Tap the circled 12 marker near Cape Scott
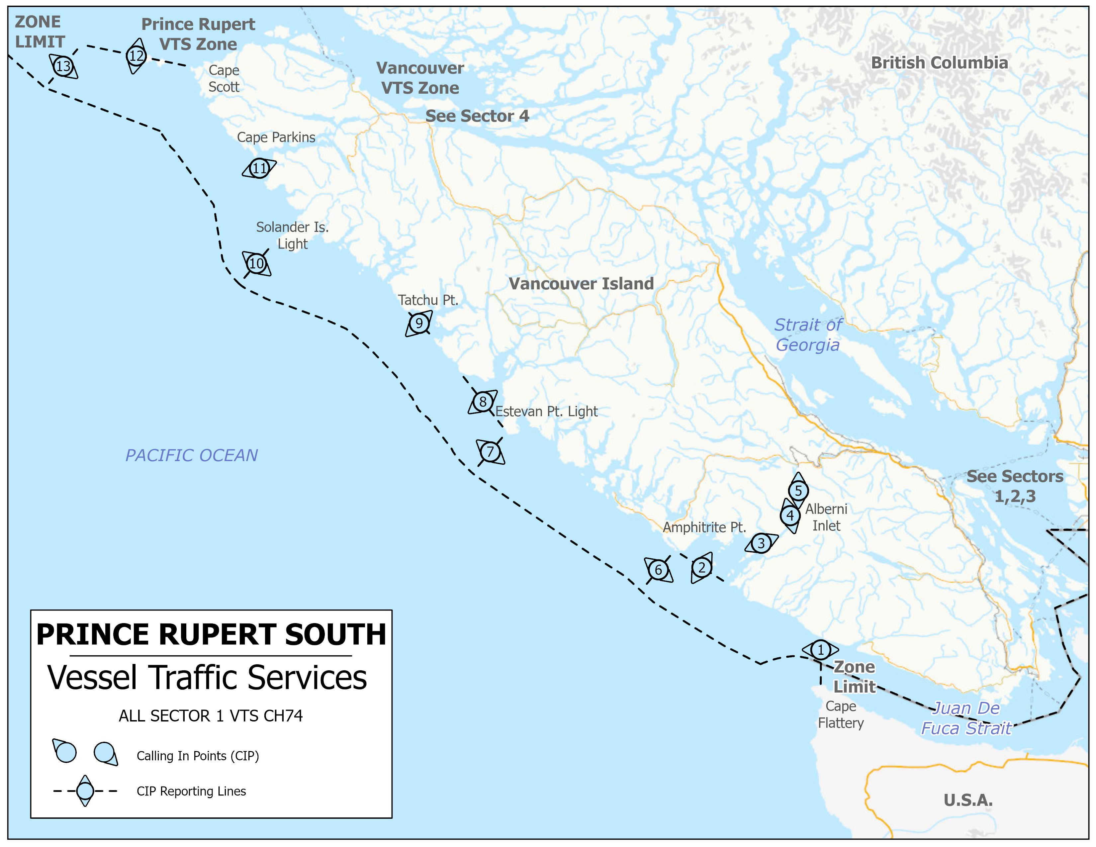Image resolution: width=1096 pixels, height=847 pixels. click(136, 56)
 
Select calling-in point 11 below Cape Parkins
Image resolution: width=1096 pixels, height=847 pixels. click(259, 168)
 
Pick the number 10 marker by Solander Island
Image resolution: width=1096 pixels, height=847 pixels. click(256, 263)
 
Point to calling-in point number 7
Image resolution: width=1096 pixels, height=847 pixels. click(490, 452)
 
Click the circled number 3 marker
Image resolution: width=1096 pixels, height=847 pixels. click(761, 543)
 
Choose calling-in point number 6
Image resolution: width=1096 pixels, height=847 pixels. click(658, 570)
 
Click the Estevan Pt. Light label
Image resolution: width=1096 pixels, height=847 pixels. click(546, 412)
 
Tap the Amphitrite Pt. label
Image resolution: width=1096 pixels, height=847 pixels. click(704, 527)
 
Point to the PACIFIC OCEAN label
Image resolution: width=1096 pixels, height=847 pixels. click(191, 455)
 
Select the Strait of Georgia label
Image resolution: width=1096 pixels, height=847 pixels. click(807, 335)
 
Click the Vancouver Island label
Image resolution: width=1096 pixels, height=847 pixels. click(581, 284)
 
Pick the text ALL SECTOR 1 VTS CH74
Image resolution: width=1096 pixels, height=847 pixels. click(211, 715)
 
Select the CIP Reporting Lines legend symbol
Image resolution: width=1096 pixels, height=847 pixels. click(85, 791)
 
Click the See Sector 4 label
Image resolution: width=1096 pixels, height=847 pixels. click(477, 116)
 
